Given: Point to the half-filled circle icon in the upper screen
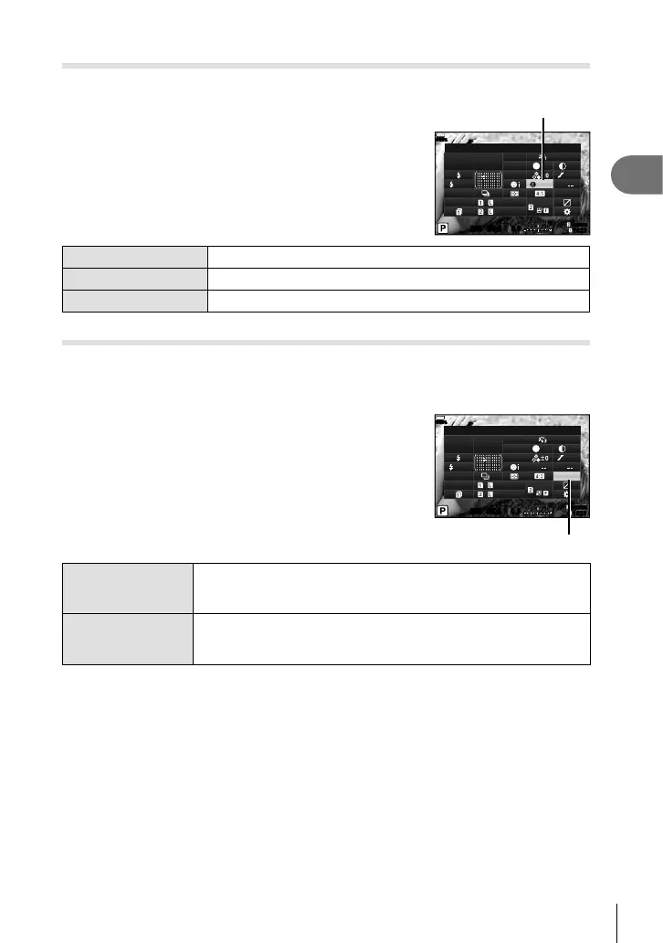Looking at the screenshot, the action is click(x=563, y=166).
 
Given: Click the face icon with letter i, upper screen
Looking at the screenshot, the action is click(x=519, y=184).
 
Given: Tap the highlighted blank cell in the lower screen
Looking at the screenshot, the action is click(x=567, y=476).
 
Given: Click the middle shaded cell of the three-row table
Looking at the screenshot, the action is click(x=135, y=297).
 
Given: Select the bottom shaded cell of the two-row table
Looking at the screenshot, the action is click(x=128, y=639).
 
